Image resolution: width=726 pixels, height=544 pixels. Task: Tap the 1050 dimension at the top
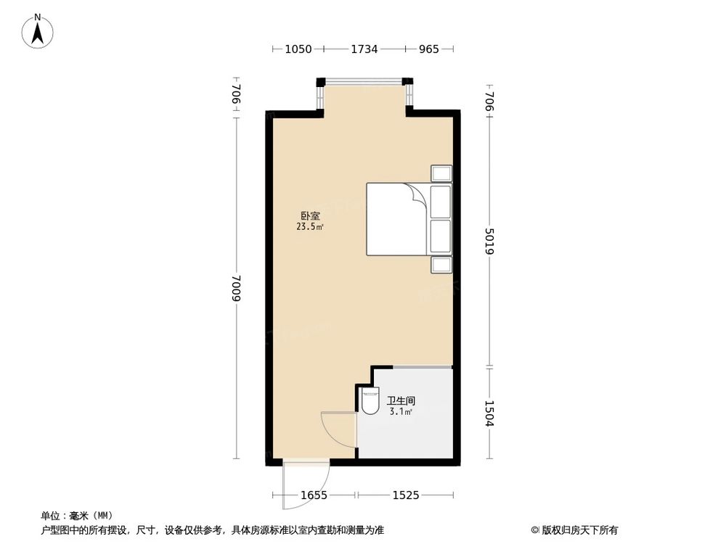(x=298, y=49)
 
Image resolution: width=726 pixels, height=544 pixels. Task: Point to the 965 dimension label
(x=429, y=49)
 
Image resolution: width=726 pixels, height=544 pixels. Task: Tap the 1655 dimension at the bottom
(x=314, y=495)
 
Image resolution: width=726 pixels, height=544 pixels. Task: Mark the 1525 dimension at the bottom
(x=406, y=495)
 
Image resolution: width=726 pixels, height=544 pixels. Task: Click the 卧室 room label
(x=311, y=215)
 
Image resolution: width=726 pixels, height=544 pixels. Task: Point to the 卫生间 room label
(x=401, y=400)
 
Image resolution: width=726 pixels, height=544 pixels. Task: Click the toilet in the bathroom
(x=370, y=400)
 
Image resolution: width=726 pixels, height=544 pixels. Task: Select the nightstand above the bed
(x=441, y=173)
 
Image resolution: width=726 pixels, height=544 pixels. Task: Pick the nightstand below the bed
(x=441, y=264)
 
